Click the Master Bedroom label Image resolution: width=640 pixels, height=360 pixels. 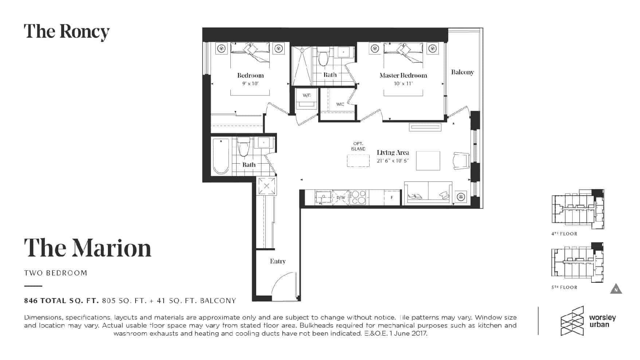pos(403,75)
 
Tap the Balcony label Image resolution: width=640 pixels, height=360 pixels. pos(463,72)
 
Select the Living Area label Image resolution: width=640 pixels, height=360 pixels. pos(393,153)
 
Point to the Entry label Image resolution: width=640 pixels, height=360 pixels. pos(278,261)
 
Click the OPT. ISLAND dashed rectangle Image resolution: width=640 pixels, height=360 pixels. pos(358,161)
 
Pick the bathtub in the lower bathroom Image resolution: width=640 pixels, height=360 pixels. pos(221,156)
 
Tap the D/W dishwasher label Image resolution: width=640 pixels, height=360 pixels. pos(341,197)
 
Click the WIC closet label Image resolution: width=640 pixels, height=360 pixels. pos(340,104)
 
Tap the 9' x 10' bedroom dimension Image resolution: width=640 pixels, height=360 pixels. pos(250,83)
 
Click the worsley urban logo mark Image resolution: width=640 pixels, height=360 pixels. pos(572,321)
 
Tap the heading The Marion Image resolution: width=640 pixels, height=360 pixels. pos(87,248)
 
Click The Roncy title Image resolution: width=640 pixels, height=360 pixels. pos(67,32)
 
